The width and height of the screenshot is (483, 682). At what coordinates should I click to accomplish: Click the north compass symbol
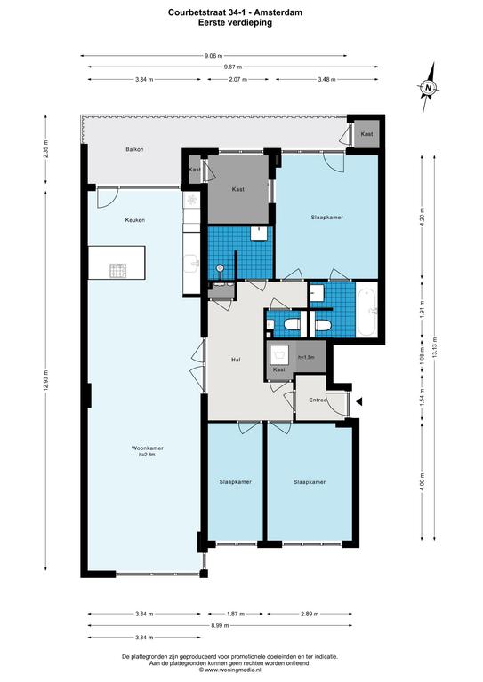point(429,88)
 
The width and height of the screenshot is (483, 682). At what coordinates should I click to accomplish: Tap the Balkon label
point(134,149)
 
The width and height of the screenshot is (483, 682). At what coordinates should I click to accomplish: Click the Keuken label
point(135,220)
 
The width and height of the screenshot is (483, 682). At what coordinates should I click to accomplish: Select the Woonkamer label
point(148,448)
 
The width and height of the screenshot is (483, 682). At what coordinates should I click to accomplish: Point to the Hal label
point(236,360)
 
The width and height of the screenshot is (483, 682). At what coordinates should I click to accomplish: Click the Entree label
point(318,400)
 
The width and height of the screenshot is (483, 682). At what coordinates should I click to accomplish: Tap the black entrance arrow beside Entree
point(358,402)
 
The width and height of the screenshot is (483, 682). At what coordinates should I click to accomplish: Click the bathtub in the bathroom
point(367,309)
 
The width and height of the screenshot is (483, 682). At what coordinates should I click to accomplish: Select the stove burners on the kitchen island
point(117,271)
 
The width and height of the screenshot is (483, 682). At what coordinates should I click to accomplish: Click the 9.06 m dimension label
point(213,56)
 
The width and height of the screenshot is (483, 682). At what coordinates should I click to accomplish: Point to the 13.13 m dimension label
point(435,347)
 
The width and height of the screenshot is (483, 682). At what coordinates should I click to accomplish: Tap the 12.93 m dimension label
point(45,380)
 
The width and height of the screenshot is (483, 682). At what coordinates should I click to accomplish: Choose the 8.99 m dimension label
point(220,625)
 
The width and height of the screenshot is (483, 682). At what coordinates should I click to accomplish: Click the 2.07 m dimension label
point(237,80)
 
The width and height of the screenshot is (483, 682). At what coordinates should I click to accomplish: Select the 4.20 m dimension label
point(422,216)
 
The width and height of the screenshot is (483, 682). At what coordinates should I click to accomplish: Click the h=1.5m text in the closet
point(306,357)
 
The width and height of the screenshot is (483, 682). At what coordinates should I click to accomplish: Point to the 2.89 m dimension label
point(310,614)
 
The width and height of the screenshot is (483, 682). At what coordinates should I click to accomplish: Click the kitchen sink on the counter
point(191,263)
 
